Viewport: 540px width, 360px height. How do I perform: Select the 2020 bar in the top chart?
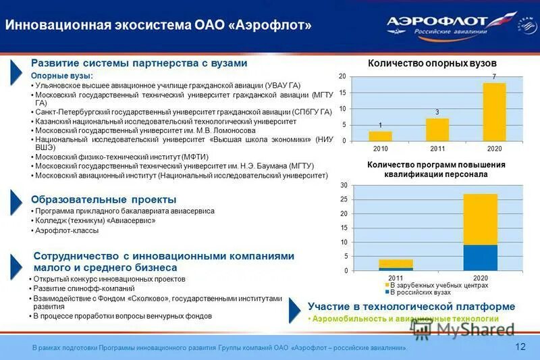point(494,111)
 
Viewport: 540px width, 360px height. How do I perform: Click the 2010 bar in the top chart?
point(380,136)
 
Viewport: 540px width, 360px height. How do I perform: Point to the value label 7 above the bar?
point(494,76)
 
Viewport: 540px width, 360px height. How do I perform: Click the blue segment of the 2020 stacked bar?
point(480,258)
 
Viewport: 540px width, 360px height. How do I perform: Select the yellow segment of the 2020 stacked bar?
point(480,219)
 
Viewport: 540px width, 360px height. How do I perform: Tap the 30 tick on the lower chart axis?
point(344,185)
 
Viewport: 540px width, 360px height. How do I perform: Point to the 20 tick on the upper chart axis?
point(342,76)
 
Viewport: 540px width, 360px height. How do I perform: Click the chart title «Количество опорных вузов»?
point(432,63)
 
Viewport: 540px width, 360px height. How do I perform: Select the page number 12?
point(520,346)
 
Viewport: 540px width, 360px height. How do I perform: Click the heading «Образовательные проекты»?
point(104,199)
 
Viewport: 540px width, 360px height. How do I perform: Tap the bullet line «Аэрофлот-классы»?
point(67,230)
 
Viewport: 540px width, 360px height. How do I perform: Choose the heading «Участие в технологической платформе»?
point(411,307)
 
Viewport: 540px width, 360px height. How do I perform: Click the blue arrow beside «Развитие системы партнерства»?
point(17,72)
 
